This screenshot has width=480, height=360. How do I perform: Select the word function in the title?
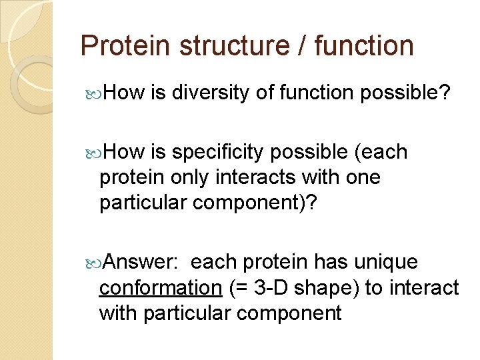(365, 46)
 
